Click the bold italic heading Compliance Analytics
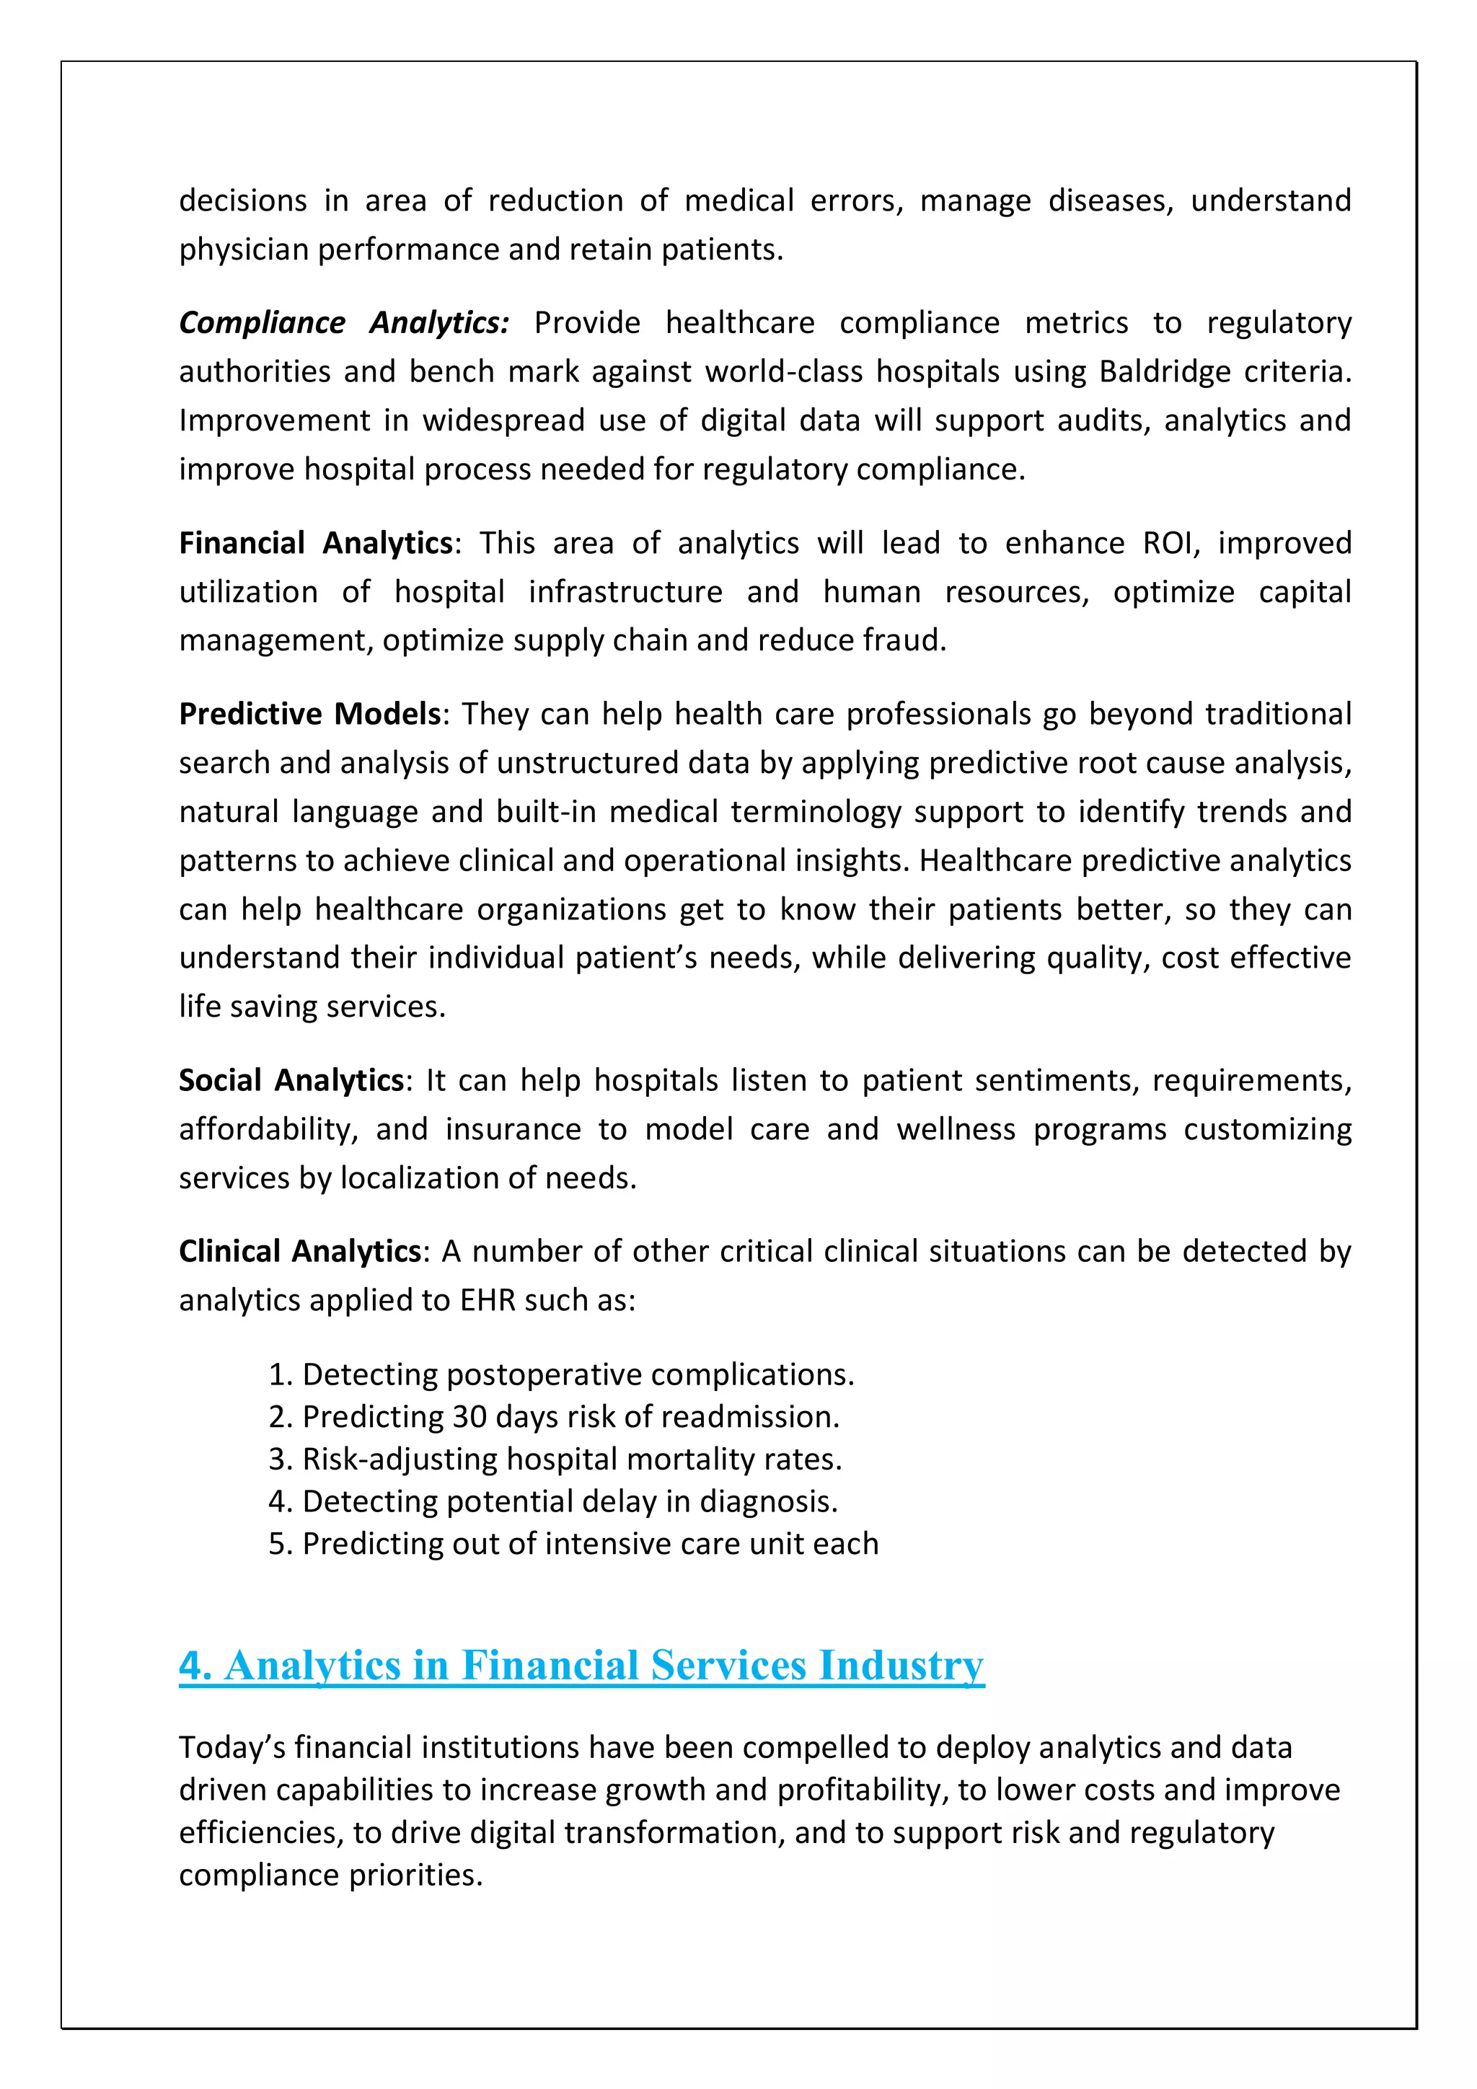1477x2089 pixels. coord(344,323)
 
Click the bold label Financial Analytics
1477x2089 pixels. coord(316,543)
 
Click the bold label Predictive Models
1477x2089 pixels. coord(309,714)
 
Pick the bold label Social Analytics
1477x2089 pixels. coord(291,1081)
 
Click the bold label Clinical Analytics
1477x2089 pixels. coord(300,1252)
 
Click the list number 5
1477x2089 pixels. coord(278,1544)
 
